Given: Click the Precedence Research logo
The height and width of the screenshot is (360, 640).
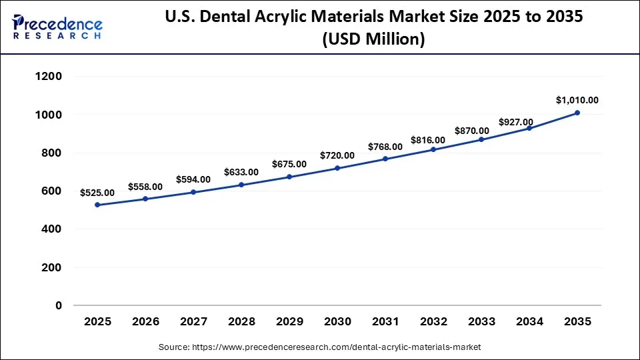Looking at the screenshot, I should (57, 27).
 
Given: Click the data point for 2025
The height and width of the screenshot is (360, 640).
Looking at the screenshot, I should (97, 205).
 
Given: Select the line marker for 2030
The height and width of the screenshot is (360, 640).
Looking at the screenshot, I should (337, 168).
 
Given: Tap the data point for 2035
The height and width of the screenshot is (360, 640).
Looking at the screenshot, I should (577, 113).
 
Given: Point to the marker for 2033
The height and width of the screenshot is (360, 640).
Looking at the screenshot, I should (481, 139).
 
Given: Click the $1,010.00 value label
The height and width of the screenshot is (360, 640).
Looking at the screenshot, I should (577, 101).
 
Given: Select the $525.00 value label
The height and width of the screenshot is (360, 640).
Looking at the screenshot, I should (97, 193).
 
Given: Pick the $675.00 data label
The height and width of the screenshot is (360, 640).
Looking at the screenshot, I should (289, 164).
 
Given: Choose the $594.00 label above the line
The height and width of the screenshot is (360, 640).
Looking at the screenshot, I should (193, 179).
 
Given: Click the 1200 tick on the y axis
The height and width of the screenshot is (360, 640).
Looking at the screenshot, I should (49, 77).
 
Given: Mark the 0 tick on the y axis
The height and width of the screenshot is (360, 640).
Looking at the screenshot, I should (59, 305).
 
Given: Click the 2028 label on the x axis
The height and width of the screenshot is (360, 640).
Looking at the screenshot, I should (241, 321).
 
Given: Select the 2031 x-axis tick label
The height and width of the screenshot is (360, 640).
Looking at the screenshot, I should (385, 321).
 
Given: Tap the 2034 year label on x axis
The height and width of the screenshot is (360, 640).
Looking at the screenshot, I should (529, 321).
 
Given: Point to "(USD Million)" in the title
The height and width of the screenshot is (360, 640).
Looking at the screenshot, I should (373, 40).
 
